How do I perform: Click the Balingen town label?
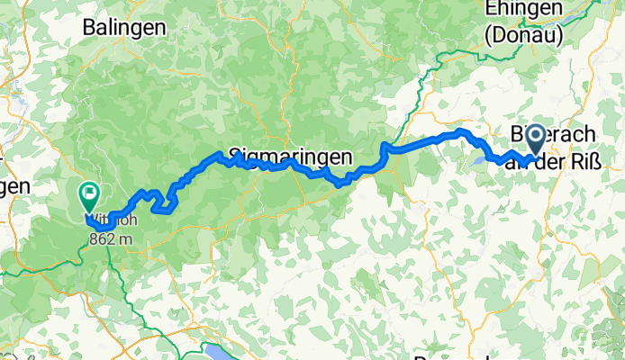[123, 27]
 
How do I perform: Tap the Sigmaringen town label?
[289, 156]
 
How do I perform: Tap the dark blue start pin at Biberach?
[534, 140]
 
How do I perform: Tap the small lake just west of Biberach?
[477, 163]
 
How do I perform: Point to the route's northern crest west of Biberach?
[461, 131]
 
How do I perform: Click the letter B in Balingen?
[88, 27]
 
